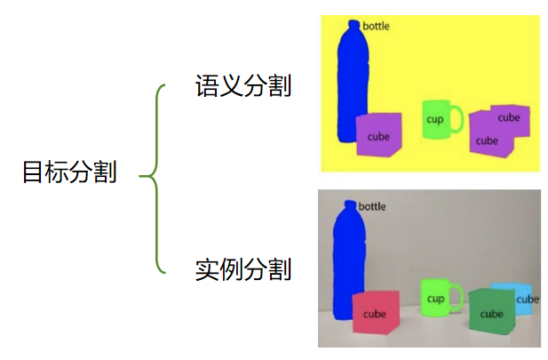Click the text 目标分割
point(68,172)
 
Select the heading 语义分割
point(243,86)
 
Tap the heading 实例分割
point(243,268)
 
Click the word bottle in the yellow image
point(376,27)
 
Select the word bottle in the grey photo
point(373,207)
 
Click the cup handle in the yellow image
point(458,118)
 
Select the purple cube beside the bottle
point(378,136)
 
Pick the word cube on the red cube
point(374,314)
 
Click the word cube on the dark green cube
point(491,314)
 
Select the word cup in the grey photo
point(435,300)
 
